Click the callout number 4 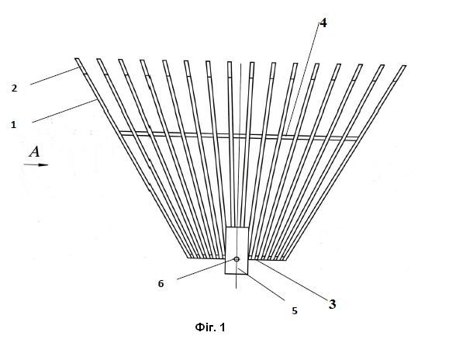click(323, 23)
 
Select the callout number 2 click(14, 88)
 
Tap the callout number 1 click(13, 125)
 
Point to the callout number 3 click(332, 304)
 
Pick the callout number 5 click(295, 311)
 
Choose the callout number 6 click(161, 284)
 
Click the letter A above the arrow click(35, 152)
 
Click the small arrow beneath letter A click(36, 164)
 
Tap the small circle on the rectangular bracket click(237, 259)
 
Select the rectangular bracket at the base click(237, 251)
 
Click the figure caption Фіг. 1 click(210, 327)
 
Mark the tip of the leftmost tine click(77, 59)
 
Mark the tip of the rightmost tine click(404, 66)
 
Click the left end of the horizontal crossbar click(119, 133)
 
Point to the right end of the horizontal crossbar click(358, 139)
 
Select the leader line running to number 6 click(206, 269)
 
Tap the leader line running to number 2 click(54, 76)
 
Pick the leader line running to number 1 click(64, 111)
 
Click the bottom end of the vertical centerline click(236, 288)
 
